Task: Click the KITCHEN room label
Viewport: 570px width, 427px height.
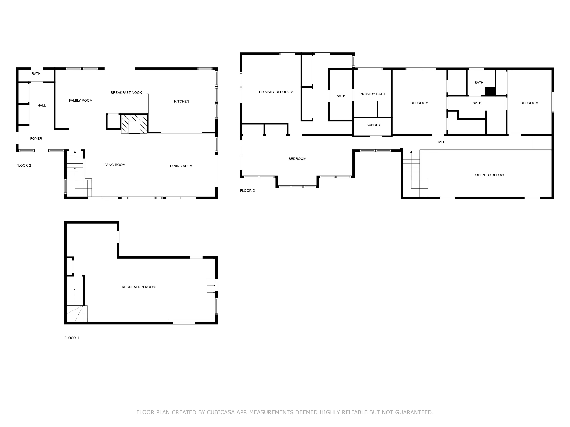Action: coord(181,101)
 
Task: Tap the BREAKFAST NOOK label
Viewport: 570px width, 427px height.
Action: coord(126,93)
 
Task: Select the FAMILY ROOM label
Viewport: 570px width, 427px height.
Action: coord(81,100)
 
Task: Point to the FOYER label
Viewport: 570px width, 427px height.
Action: coord(36,139)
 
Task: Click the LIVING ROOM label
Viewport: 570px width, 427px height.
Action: coord(114,165)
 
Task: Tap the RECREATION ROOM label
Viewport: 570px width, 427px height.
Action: coord(139,287)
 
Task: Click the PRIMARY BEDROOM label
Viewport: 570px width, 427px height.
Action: coord(276,92)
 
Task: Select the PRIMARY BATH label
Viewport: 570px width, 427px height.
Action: coord(372,94)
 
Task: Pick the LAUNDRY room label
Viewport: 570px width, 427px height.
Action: coord(373,125)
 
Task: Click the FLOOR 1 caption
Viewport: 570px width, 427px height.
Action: coord(72,338)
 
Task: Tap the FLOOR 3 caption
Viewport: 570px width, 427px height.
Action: coord(247,191)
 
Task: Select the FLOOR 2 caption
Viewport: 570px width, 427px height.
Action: coord(24,165)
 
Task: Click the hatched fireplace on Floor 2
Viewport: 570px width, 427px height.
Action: coord(134,124)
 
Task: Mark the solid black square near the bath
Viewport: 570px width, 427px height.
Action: coord(490,91)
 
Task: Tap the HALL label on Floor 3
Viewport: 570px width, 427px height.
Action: coord(441,142)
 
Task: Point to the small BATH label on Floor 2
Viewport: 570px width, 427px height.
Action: coord(36,74)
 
